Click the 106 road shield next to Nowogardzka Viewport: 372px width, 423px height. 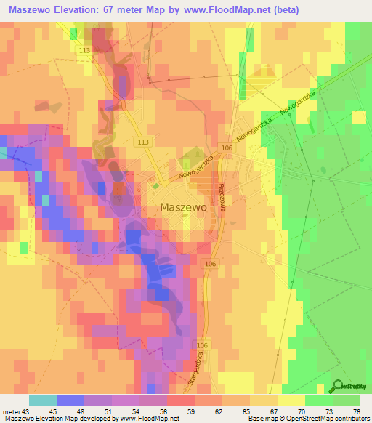(x=227, y=148)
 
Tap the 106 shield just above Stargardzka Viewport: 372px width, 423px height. (x=201, y=345)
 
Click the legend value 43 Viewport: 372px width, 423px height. (x=25, y=411)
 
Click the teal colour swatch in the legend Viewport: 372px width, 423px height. (x=42, y=400)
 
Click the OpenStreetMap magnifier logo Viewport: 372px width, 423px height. (x=339, y=387)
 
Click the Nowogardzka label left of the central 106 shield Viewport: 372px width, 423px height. (x=194, y=167)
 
